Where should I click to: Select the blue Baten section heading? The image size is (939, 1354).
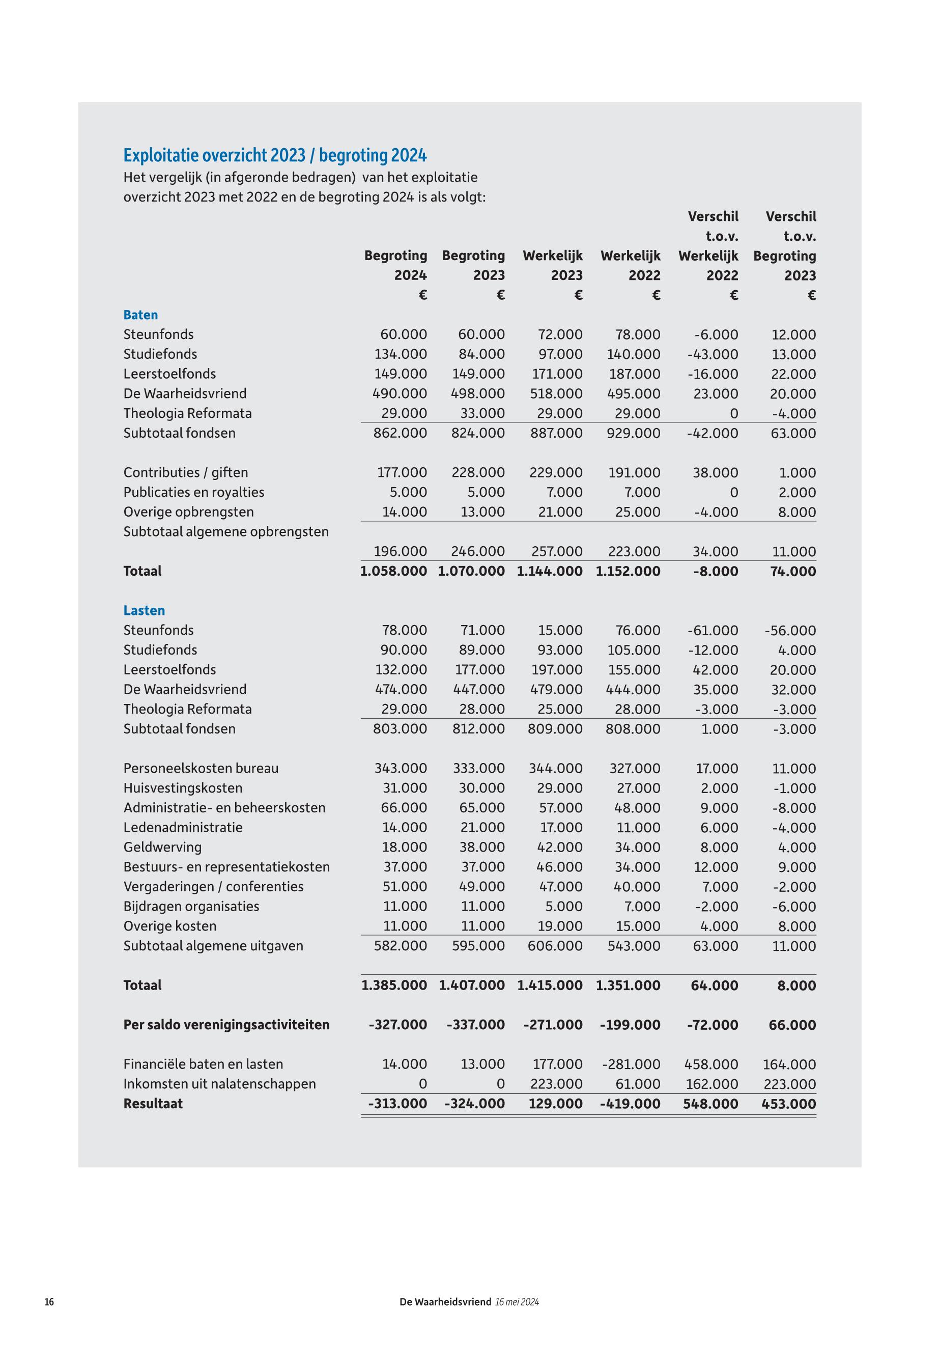coord(140,315)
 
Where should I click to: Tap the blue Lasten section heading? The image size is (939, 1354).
coord(144,610)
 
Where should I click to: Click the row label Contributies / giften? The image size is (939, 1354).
coord(185,472)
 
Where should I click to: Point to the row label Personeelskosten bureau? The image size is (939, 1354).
coord(201,768)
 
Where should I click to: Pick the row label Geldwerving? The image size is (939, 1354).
coord(162,847)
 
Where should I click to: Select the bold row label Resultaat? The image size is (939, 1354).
coord(153,1104)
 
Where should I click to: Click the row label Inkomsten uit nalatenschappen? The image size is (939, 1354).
coord(219,1083)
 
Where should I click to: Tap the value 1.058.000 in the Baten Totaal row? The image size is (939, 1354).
coord(393,571)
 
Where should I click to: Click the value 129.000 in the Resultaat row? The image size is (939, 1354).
coord(555,1104)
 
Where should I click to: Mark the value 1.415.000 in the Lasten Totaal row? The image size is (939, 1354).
coord(550,985)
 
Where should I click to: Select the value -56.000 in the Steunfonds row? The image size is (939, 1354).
coord(790,630)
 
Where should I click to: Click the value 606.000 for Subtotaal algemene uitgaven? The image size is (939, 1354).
coord(555,946)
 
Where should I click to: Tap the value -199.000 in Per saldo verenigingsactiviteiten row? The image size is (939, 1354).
coord(630,1025)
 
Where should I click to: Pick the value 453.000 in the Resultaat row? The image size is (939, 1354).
coord(788,1104)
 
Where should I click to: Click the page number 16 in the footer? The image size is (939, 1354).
coord(49,1302)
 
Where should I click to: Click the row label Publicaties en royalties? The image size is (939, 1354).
coord(193,492)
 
